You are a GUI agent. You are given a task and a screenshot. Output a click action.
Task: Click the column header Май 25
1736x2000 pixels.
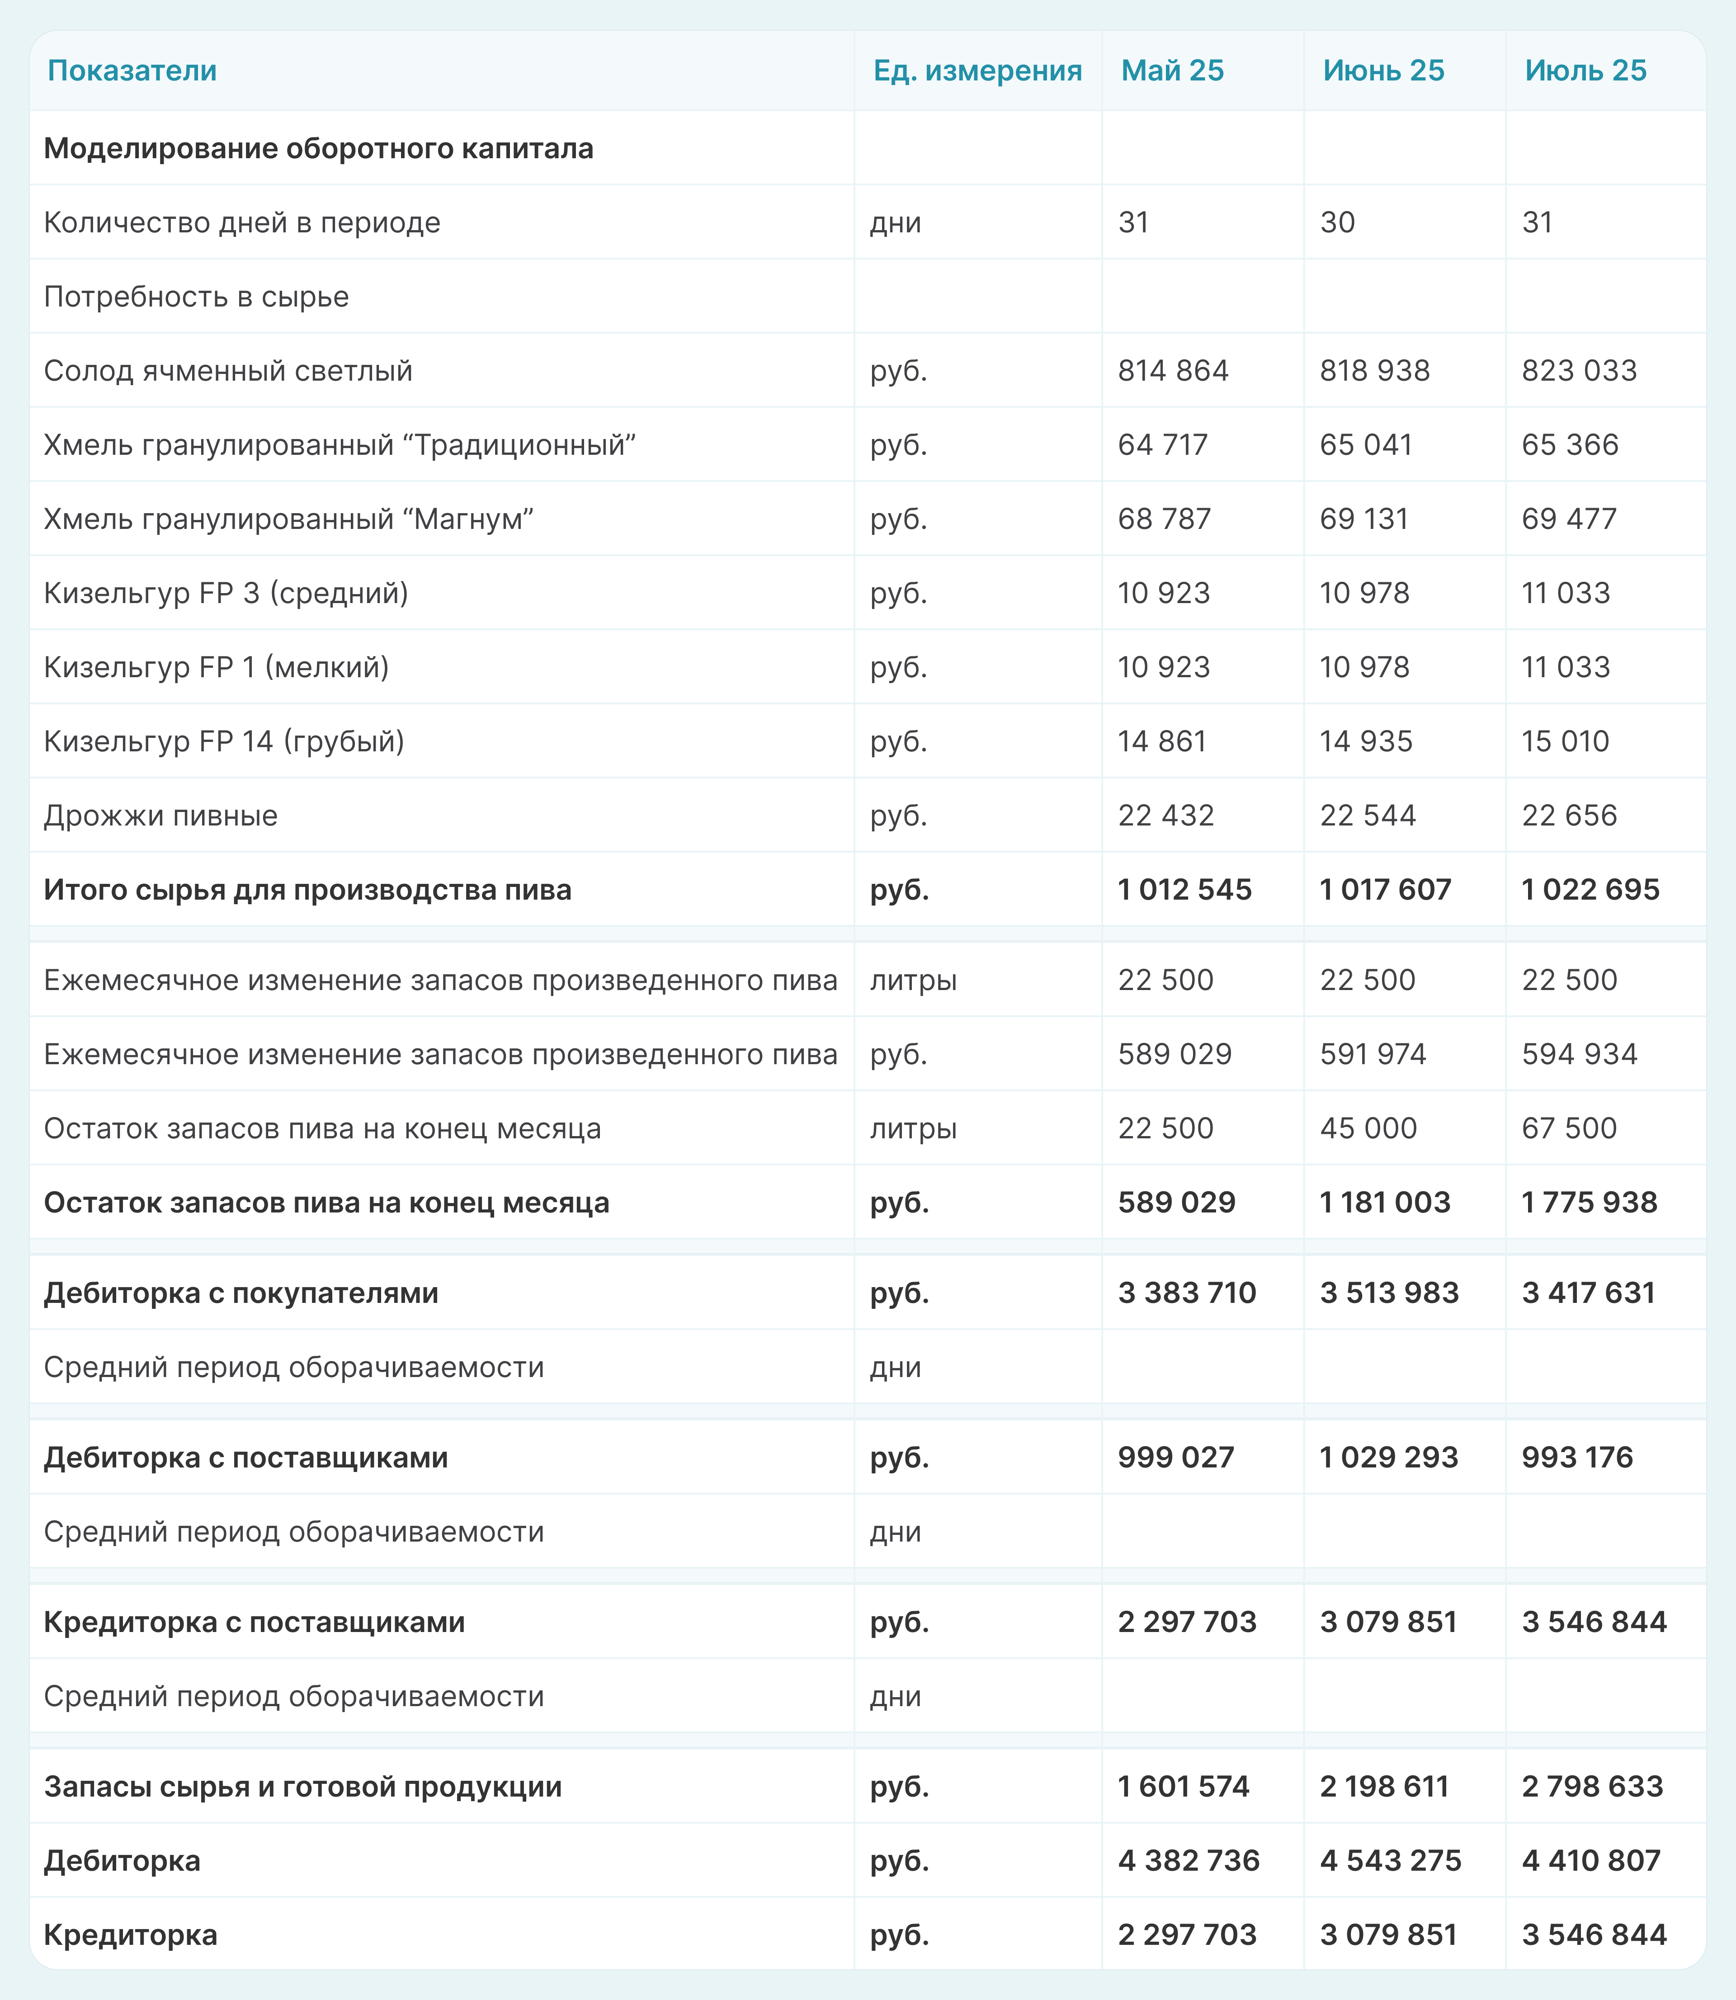tap(1172, 71)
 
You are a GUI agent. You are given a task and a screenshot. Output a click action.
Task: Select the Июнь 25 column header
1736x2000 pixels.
tap(1383, 71)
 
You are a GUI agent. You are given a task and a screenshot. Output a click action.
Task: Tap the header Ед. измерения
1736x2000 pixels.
tap(977, 71)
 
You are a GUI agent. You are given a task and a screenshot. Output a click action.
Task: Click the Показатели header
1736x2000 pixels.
tap(132, 71)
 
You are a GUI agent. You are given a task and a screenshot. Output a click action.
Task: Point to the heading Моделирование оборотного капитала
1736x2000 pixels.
tap(319, 148)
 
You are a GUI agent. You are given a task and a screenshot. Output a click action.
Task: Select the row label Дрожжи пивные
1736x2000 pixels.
tap(161, 816)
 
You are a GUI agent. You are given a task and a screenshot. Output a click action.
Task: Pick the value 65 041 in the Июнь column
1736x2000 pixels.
tap(1366, 444)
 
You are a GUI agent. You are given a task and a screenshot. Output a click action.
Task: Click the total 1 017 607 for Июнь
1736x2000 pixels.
tap(1385, 889)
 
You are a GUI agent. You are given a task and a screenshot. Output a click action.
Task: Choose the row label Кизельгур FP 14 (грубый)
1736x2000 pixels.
tap(224, 741)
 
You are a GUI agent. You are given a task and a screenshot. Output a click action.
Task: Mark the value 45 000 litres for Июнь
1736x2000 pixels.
tap(1368, 1128)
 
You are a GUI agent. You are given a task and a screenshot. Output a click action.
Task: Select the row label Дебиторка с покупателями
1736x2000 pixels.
tap(241, 1293)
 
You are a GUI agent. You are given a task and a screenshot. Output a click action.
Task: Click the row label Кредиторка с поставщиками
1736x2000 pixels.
tap(254, 1622)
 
